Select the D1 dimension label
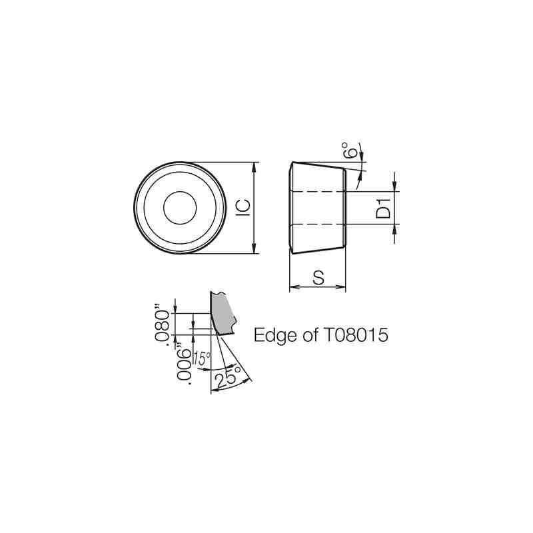click(382, 208)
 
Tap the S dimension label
click(318, 278)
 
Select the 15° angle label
click(203, 359)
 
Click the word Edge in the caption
click(275, 335)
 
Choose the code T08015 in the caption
click(356, 335)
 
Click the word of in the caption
click(310, 335)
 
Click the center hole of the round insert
click(180, 208)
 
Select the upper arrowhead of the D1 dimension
click(394, 187)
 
